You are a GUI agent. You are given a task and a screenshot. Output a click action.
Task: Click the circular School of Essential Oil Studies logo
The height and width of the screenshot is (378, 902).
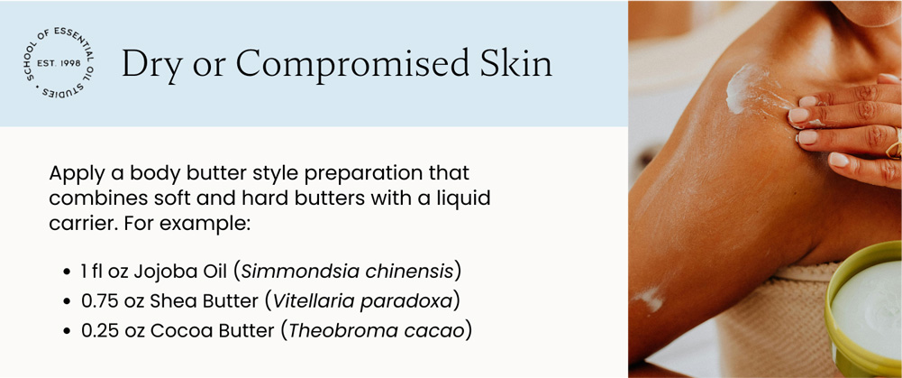(60, 61)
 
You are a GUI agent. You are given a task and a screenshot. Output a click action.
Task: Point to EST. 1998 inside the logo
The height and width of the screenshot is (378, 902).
(60, 62)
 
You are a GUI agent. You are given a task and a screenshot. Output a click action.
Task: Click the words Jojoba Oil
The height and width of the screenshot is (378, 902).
(181, 271)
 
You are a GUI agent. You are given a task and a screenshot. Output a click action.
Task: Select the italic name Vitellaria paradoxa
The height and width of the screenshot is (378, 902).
(362, 301)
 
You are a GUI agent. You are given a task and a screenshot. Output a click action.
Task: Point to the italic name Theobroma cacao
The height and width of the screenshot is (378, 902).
(376, 331)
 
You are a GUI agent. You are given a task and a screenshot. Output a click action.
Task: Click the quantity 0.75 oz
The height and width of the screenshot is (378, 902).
(113, 301)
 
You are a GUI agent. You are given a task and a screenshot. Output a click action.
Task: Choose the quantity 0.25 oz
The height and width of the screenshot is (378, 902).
(113, 331)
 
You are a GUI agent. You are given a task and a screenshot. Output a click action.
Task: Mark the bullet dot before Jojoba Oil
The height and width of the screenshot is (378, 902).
(68, 272)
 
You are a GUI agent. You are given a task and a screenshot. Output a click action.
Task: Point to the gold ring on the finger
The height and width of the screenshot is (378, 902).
(893, 144)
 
